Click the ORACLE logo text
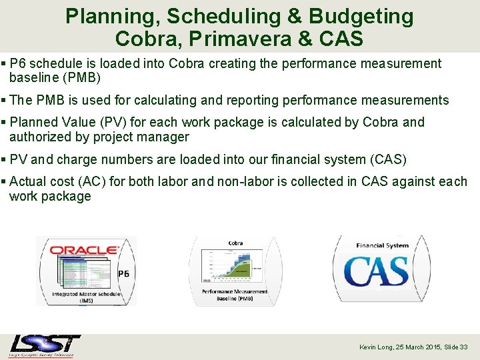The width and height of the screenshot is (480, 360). click(84, 250)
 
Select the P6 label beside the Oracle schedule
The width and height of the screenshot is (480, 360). click(123, 273)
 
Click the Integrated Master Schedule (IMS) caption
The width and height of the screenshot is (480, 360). click(86, 297)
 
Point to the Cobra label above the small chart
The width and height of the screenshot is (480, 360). click(235, 243)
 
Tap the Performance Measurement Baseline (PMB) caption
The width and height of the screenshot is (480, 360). click(235, 295)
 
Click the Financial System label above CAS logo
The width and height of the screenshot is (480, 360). click(382, 245)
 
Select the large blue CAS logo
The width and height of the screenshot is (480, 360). click(376, 271)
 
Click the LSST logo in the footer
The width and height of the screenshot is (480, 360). click(45, 346)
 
